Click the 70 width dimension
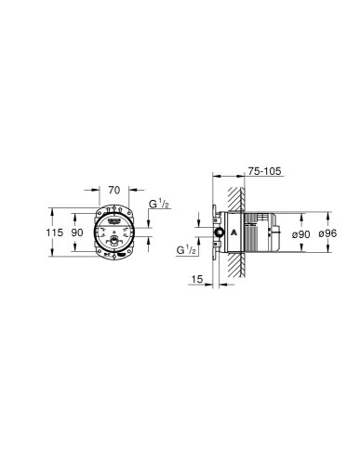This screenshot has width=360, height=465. click(113, 190)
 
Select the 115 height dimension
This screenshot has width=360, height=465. click(57, 233)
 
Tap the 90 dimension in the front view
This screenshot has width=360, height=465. click(79, 233)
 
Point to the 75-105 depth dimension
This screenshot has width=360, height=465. click(265, 170)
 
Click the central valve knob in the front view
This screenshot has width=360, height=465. click(113, 241)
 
